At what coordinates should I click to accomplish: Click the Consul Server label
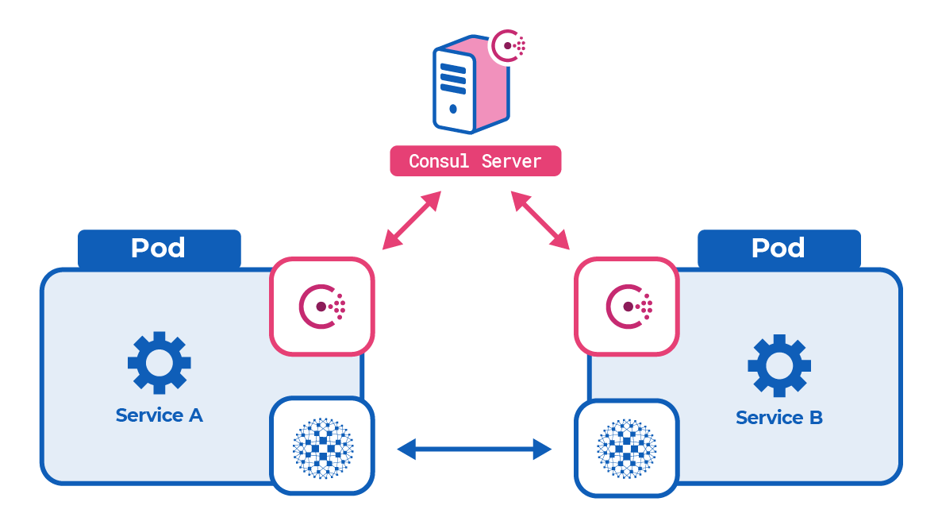(475, 160)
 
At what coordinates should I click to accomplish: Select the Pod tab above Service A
(159, 249)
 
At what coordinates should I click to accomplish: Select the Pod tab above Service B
(778, 249)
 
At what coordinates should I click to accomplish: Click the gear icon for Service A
(159, 362)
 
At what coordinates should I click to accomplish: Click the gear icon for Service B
(778, 365)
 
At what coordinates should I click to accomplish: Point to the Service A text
(159, 415)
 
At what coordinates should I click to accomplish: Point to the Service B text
(778, 417)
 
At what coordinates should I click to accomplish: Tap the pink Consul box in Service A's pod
(321, 306)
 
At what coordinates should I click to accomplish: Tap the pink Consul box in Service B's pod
(626, 306)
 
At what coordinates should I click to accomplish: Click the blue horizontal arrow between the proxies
(474, 449)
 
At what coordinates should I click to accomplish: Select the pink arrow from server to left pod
(411, 220)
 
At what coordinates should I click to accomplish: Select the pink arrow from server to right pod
(540, 220)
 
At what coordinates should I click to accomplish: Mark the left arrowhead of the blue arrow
(406, 449)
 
